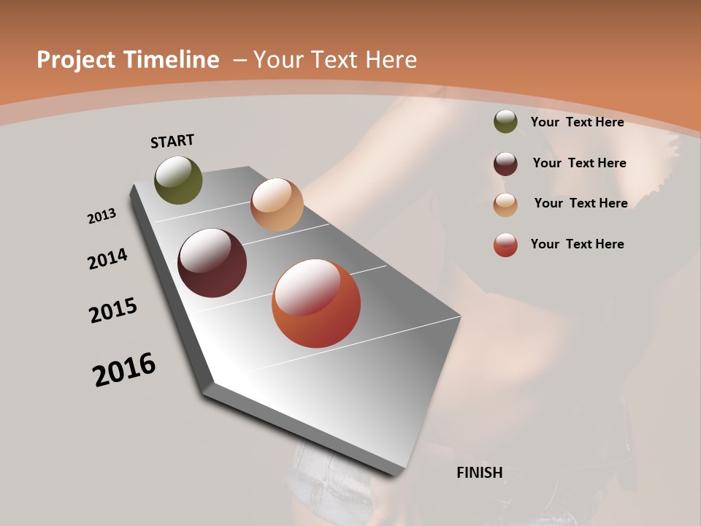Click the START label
pos(172,141)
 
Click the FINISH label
pos(480,473)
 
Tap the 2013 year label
pos(101,216)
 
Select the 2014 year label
pos(107,259)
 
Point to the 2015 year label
pos(113,310)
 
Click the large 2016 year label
pos(124,370)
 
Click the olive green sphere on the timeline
pos(178,180)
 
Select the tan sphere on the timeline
pos(277,205)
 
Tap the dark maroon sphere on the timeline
pos(212,263)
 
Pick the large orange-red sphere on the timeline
pos(316,303)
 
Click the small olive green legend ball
pos(505,122)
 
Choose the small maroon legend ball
pos(505,163)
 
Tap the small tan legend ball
pos(505,204)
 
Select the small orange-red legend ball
pos(505,245)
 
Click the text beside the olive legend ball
pos(577,122)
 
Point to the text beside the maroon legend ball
pos(579,163)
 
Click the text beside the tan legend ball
pos(581,203)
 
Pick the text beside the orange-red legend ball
pos(577,244)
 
